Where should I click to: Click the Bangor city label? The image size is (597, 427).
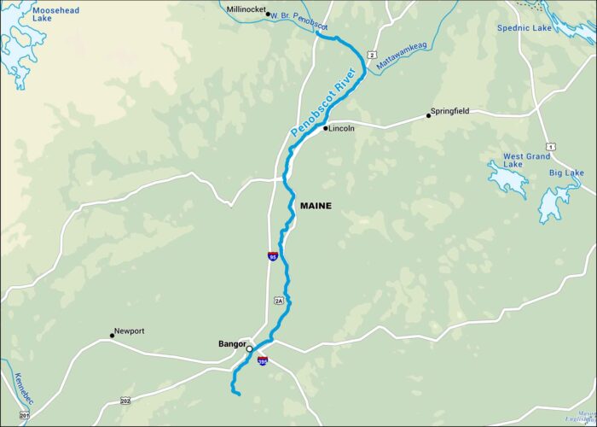(232, 343)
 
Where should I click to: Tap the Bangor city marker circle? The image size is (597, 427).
(249, 348)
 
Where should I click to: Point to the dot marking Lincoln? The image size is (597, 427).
(325, 128)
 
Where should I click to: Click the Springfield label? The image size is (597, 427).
(450, 111)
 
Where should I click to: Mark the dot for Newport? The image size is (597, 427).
(112, 334)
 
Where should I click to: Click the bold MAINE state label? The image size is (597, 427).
(316, 206)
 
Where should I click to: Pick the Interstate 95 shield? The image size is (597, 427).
(272, 255)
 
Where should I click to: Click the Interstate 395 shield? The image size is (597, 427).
(263, 360)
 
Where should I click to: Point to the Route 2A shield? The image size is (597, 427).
(278, 300)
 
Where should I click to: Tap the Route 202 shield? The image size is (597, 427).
(125, 400)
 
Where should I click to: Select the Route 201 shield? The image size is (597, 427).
(24, 415)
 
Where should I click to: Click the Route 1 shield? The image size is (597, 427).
(551, 148)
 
